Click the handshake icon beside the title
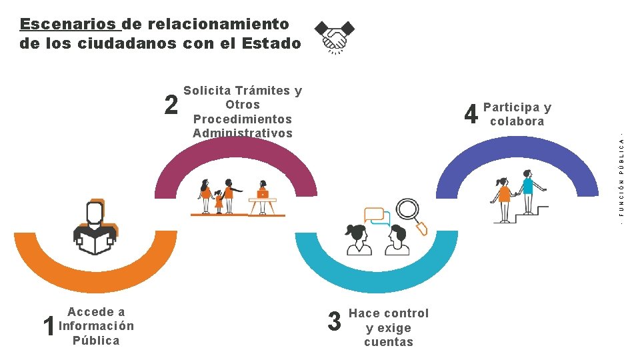tap(335, 36)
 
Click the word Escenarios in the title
tap(69, 25)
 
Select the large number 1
tap(49, 326)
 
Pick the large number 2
tap(171, 105)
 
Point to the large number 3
tap(335, 321)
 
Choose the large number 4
tap(471, 115)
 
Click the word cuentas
tap(389, 342)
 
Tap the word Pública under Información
tap(96, 341)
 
